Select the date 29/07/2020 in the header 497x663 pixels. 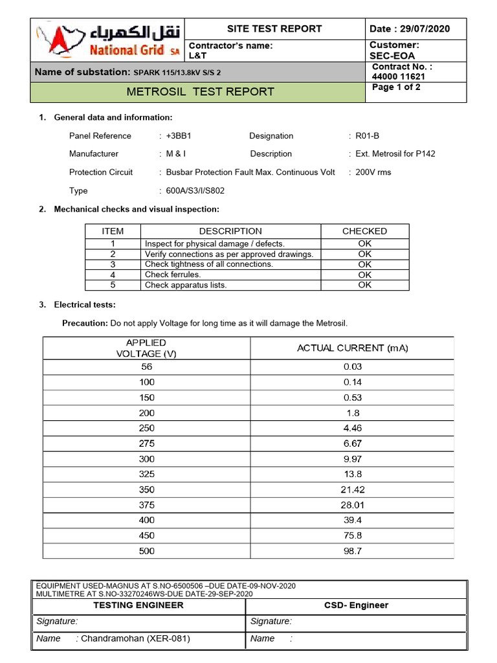pyautogui.click(x=425, y=29)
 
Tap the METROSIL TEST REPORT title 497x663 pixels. pyautogui.click(x=201, y=92)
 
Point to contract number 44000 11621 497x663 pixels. pyautogui.click(x=399, y=76)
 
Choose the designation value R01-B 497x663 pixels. pyautogui.click(x=368, y=136)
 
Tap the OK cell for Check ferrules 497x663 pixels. pyautogui.click(x=365, y=275)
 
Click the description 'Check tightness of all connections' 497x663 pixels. pyautogui.click(x=209, y=264)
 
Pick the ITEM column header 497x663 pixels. pyautogui.click(x=113, y=231)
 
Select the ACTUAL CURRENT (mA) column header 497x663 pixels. pyautogui.click(x=353, y=348)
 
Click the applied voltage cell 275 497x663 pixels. pyautogui.click(x=147, y=444)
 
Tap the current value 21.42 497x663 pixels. pyautogui.click(x=353, y=490)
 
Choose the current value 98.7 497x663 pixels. pyautogui.click(x=353, y=551)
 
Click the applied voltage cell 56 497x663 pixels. pyautogui.click(x=147, y=366)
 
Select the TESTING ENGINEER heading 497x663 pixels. pyautogui.click(x=138, y=605)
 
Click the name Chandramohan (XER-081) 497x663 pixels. pyautogui.click(x=135, y=638)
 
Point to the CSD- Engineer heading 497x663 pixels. pyautogui.click(x=356, y=605)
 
